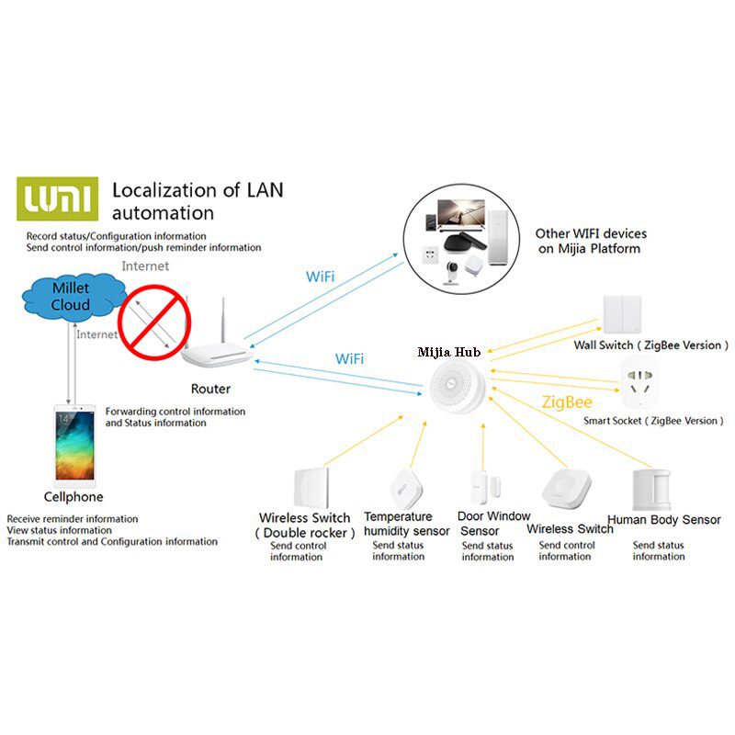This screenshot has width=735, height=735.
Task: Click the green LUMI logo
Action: point(58,198)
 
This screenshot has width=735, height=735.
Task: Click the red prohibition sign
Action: point(154,322)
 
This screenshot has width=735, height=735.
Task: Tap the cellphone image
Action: point(75,446)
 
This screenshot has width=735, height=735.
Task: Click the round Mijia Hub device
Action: point(457,387)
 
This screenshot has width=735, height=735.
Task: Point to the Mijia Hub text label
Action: point(449,352)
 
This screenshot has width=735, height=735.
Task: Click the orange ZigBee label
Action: point(567,402)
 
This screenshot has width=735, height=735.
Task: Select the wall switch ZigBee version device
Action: point(622,313)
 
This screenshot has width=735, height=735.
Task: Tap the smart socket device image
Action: point(639,382)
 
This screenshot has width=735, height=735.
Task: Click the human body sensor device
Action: point(651,490)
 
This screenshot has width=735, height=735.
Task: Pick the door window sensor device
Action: point(485,488)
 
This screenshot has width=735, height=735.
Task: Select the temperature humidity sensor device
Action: point(406,489)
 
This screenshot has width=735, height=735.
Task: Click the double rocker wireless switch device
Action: point(311,488)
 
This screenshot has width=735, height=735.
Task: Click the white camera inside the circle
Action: point(451,272)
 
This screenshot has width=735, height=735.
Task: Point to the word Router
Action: point(210,389)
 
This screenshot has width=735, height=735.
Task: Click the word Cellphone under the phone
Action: point(73,497)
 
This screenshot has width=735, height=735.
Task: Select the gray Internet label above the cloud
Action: point(145,266)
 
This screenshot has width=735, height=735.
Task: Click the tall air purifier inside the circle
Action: point(498,238)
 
